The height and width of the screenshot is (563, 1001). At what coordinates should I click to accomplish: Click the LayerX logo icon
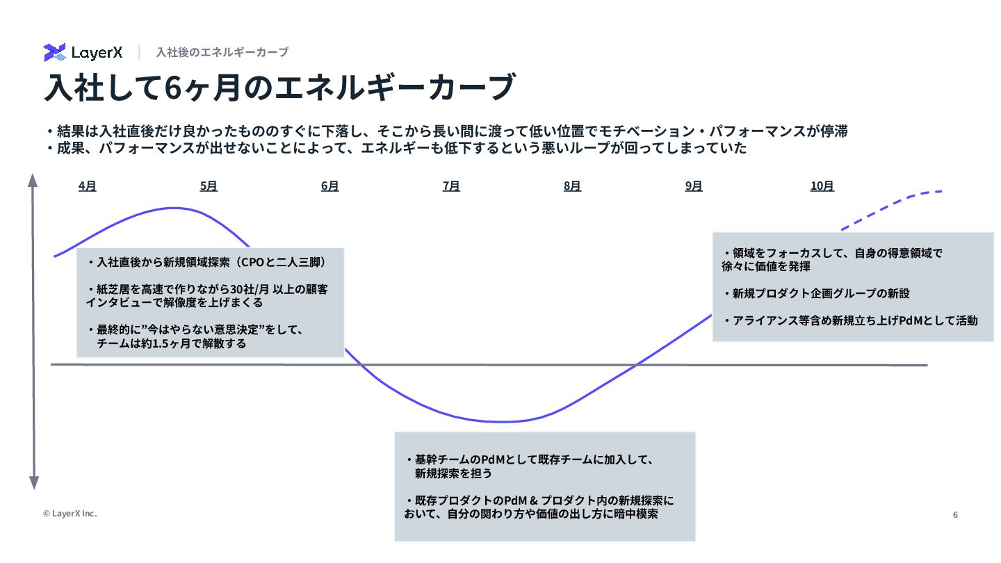coord(54,52)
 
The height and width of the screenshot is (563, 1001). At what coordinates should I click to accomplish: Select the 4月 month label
coord(87,186)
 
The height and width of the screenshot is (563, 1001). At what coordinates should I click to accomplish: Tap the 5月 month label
coord(209,186)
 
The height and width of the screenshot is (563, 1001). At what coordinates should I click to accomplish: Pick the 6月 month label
coord(330,186)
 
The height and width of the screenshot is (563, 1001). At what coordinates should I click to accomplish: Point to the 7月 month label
coord(451,186)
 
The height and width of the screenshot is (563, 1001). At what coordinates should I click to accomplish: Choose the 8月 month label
coord(572,186)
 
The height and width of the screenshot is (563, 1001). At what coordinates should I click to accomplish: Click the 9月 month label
coord(694,186)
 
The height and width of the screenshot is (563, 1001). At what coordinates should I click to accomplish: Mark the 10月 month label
coord(822,186)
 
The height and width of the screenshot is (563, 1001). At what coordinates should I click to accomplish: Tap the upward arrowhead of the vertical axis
coord(33,180)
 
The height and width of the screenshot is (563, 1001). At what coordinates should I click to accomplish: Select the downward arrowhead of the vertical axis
coord(33,482)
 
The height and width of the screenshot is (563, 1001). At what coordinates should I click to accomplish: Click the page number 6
coord(955,515)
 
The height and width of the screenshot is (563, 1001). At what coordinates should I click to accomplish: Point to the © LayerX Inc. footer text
coord(70,514)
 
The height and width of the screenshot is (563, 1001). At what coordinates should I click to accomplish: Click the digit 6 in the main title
coord(174,88)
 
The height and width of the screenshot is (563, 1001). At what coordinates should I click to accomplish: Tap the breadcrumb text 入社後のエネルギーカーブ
coord(222,52)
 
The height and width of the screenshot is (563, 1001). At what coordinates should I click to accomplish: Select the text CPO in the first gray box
coord(253,263)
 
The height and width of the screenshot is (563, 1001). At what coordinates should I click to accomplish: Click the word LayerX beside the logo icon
coord(97,53)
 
